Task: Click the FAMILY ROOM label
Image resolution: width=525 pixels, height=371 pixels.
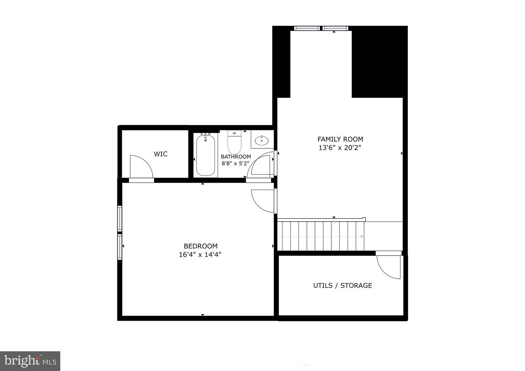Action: click(340, 139)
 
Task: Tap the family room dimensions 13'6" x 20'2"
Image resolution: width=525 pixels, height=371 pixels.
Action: click(340, 148)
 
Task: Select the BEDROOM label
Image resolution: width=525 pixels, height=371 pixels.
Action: click(201, 246)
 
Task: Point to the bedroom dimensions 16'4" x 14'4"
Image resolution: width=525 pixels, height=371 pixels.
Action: click(200, 255)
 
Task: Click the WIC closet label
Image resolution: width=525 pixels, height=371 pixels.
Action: click(160, 154)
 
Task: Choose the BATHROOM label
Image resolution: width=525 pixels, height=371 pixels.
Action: click(236, 157)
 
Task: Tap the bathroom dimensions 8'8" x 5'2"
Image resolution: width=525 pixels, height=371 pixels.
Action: click(236, 164)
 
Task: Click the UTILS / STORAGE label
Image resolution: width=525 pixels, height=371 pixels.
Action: click(343, 285)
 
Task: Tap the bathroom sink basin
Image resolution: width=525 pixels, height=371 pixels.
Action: click(261, 140)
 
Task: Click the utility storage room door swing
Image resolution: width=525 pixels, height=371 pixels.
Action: click(389, 267)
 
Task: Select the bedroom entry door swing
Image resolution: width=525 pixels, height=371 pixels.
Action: click(262, 200)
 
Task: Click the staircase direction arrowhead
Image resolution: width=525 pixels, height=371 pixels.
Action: click(362, 237)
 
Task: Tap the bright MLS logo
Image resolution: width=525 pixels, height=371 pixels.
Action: click(30, 361)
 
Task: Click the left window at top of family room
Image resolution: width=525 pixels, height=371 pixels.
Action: click(307, 28)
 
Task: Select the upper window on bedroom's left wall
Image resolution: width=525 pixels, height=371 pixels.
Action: click(119, 218)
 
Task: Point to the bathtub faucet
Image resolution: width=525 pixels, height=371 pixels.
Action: click(206, 135)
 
